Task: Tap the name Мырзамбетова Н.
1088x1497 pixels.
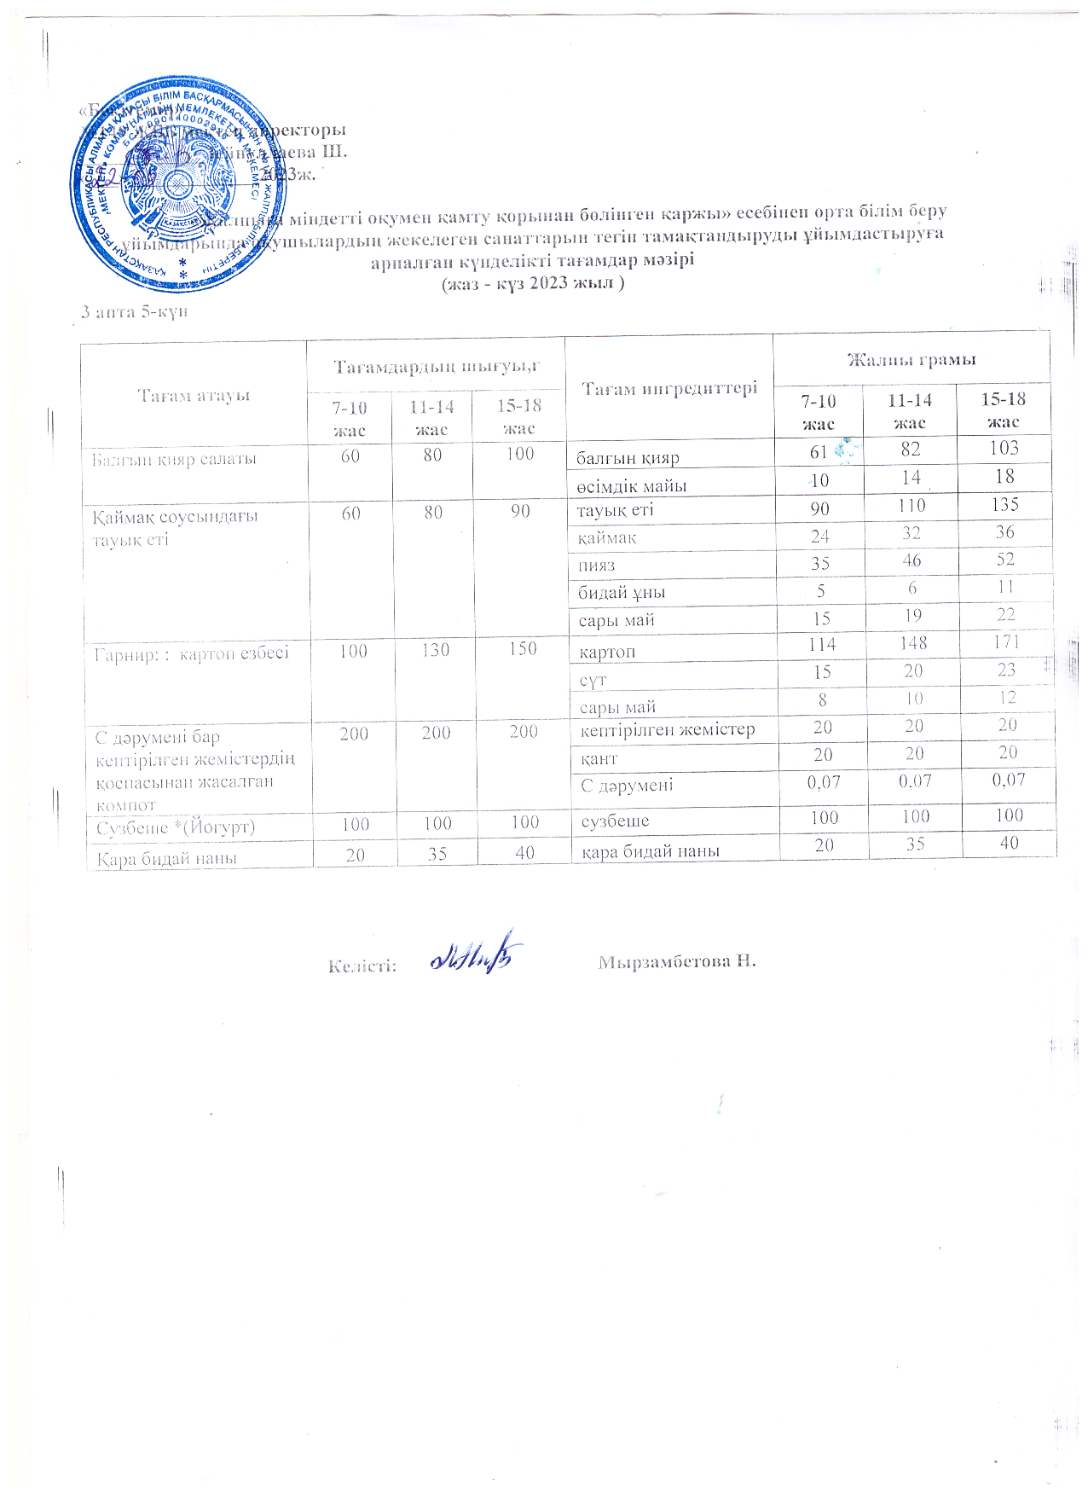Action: click(677, 961)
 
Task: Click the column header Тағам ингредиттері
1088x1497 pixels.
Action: click(669, 388)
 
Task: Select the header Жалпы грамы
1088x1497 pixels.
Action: click(911, 360)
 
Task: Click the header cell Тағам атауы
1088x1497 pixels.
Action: click(194, 395)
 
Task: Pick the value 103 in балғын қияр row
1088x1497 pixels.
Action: click(1004, 449)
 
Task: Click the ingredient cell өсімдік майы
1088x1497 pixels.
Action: click(631, 486)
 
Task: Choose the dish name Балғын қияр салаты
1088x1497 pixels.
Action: click(175, 459)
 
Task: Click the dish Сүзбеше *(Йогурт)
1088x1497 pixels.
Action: click(176, 827)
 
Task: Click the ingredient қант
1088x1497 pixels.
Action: click(599, 757)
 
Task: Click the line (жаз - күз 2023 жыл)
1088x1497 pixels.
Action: click(532, 283)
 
